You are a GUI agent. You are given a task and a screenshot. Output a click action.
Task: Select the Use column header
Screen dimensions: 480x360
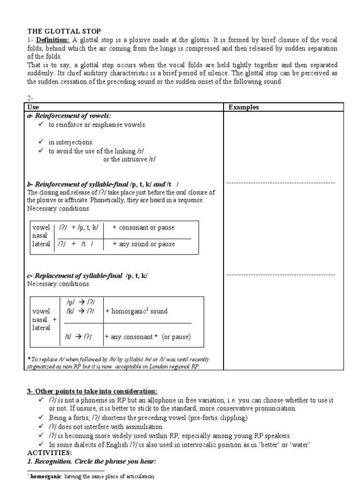point(34,107)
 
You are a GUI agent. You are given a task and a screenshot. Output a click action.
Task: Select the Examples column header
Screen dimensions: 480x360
point(243,107)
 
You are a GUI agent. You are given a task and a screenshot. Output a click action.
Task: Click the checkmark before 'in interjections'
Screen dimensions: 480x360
point(41,142)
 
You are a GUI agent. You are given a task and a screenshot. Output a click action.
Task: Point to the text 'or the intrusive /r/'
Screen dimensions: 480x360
point(129,159)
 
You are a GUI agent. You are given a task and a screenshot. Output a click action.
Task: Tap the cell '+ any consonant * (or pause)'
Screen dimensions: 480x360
point(148,337)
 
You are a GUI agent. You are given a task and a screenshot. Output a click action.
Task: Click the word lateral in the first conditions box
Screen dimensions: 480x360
point(41,244)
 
